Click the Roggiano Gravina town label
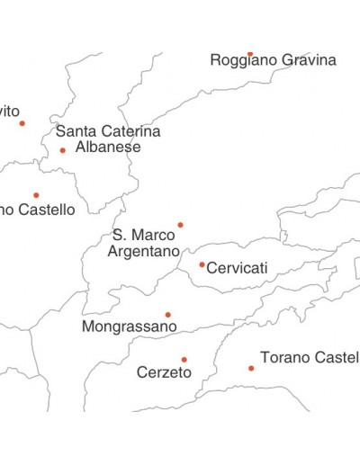[x=273, y=61]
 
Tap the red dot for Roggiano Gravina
[x=250, y=54]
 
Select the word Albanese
[x=108, y=147]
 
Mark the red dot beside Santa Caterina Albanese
[x=62, y=150]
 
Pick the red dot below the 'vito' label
[x=22, y=123]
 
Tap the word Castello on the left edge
[x=45, y=210]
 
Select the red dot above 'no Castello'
[x=36, y=195]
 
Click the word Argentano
[x=144, y=252]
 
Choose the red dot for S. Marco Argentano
[x=180, y=225]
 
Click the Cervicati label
[x=238, y=268]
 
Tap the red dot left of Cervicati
[x=202, y=264]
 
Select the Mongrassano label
[x=129, y=327]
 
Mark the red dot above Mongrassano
[x=167, y=315]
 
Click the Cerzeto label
[x=164, y=372]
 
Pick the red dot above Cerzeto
[x=184, y=360]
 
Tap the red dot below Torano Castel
[x=251, y=368]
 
